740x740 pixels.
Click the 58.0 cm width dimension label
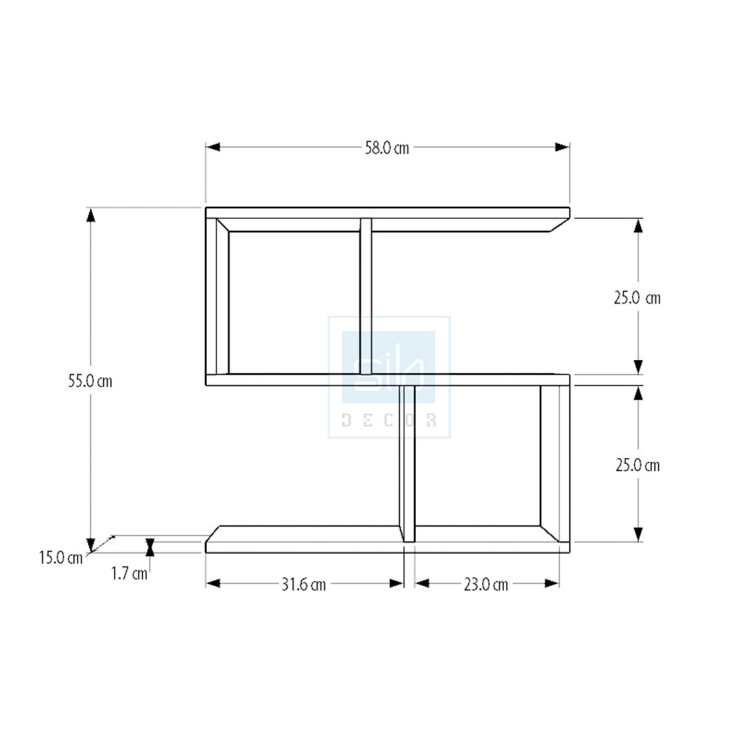coord(387,148)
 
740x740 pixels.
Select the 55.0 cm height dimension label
coord(90,381)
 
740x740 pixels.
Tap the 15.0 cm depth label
coord(60,558)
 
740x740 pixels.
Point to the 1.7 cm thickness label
coord(129,573)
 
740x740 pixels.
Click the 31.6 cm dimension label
coord(303,585)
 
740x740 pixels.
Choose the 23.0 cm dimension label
coord(486,585)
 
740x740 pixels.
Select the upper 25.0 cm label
coord(637,298)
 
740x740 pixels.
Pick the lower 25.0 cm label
coord(638,466)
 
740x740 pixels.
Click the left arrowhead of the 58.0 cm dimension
coord(213,147)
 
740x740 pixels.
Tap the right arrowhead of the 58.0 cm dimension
coord(562,147)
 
